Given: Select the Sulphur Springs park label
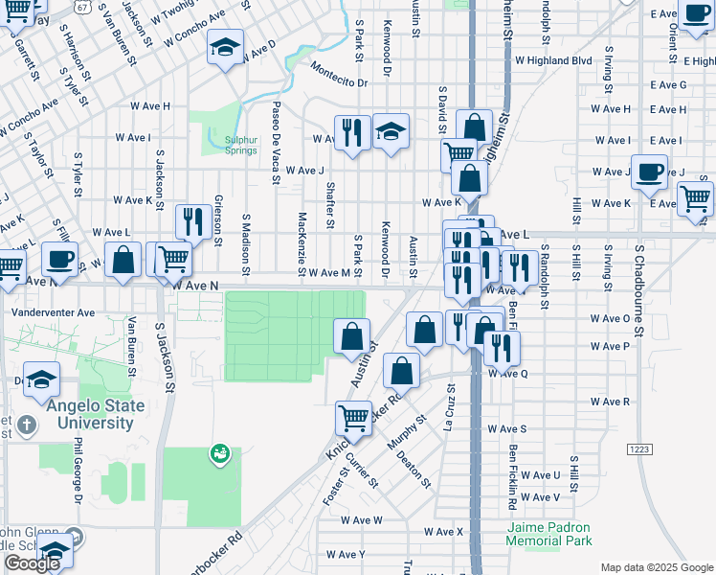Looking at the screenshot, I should click(241, 145).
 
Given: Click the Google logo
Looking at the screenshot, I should click(32, 563).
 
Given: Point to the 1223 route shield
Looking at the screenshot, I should click(640, 448).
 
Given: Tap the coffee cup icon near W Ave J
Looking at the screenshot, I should click(649, 172).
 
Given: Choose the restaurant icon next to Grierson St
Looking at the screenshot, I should click(194, 222).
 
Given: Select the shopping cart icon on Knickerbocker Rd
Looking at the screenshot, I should click(353, 418).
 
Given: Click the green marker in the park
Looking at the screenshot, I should click(221, 451).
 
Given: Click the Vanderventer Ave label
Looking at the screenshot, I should click(53, 312).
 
